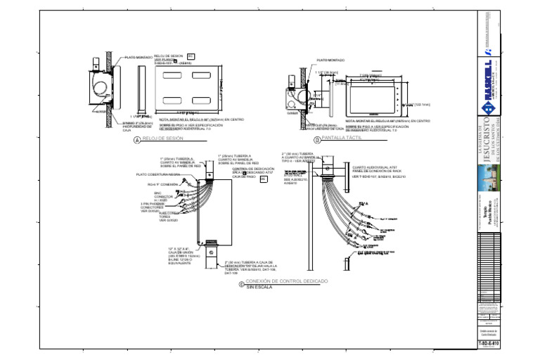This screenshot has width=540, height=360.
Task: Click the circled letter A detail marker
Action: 137,140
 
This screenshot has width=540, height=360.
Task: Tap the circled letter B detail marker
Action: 316,140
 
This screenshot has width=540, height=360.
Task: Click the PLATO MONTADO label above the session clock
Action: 139,58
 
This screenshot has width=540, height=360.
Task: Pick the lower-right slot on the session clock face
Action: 202,100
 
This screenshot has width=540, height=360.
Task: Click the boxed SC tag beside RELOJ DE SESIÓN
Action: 190,56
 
